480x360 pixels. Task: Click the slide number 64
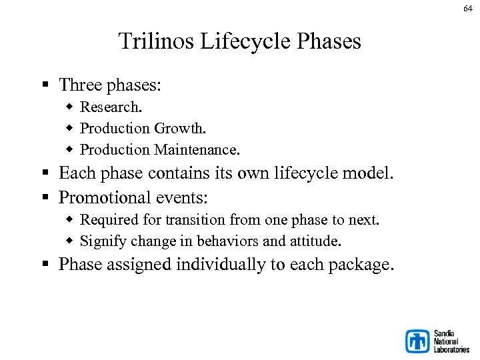click(468, 7)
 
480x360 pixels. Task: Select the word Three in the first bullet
click(78, 85)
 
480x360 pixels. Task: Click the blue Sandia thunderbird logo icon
click(418, 341)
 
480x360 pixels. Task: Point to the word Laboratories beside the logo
click(451, 349)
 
